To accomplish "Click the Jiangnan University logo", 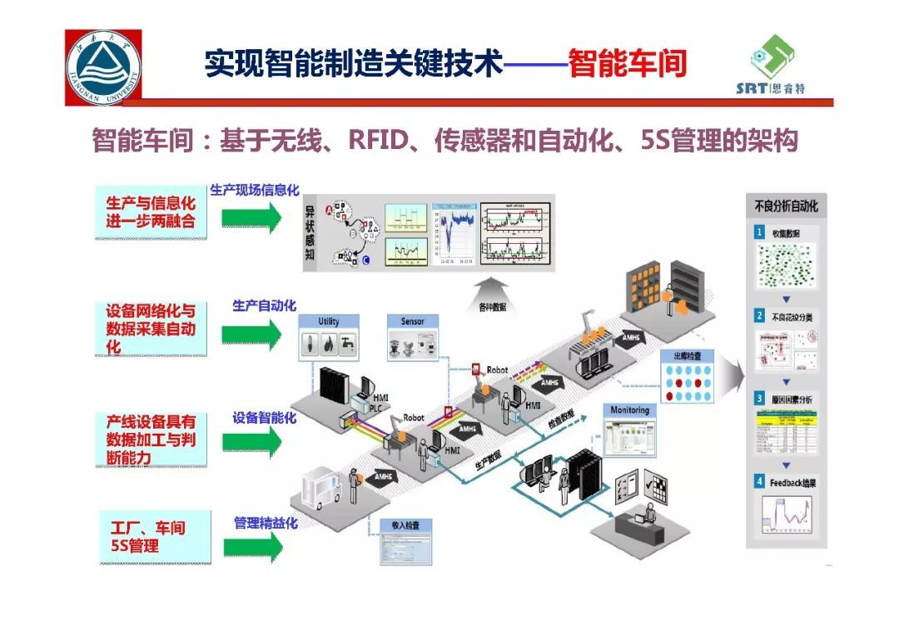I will coord(103,67).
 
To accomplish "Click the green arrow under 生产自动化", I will coord(252,334).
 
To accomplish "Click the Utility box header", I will coord(329,321).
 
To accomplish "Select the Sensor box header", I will coord(412,321).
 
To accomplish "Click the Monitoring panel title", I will coord(629,410).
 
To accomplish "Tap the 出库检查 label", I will coord(687,356).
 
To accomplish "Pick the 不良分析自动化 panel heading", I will coord(786,205).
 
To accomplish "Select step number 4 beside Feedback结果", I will coord(759,482).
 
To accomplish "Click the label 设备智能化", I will coord(264,417).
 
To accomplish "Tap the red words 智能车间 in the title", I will coord(627,62).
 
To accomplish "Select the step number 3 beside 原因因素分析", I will coord(759,398).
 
